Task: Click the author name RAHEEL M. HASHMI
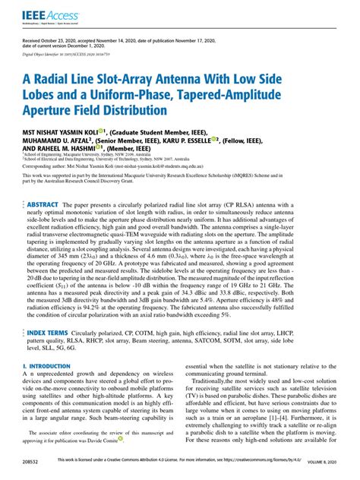65,149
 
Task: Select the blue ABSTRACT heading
46,206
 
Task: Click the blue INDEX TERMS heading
49,355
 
